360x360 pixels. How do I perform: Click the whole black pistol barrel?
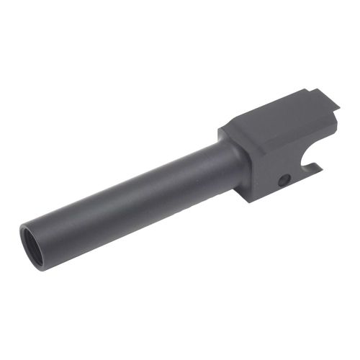tap(180, 173)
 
